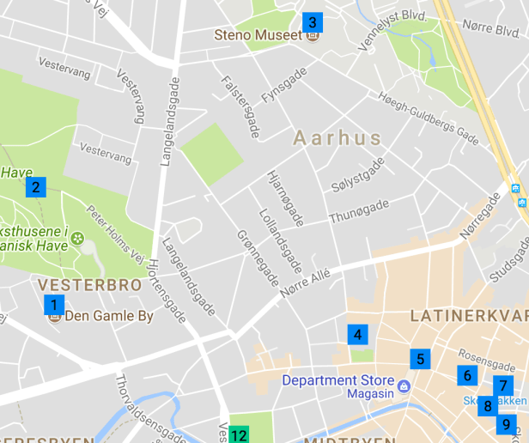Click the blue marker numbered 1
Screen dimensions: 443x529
coord(54,305)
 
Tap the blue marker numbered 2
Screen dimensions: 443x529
coord(35,187)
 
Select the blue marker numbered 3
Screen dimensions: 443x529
coord(312,23)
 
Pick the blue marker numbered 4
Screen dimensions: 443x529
coord(357,335)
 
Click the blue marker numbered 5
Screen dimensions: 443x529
coord(419,359)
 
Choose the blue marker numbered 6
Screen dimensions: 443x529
coord(467,375)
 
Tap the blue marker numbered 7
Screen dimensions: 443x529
coord(503,386)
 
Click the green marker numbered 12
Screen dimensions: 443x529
coord(239,435)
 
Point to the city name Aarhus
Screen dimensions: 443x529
coord(337,138)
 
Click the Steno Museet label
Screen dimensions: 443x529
coord(258,36)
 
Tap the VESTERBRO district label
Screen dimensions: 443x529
coord(77,284)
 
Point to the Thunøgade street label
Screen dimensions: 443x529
coord(358,211)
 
